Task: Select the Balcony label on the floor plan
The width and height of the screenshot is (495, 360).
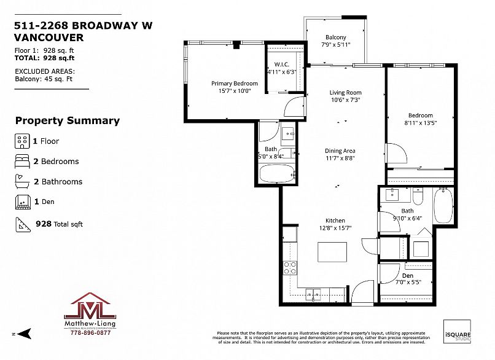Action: click(x=335, y=37)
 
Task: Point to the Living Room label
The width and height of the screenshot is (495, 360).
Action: click(x=345, y=93)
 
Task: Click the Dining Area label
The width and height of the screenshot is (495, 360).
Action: click(x=340, y=151)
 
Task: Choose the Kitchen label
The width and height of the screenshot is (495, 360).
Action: click(x=335, y=221)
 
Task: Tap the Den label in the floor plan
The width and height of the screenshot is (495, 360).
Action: click(x=407, y=275)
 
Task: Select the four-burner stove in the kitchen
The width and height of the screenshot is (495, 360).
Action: click(x=289, y=267)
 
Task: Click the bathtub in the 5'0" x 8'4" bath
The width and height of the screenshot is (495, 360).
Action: click(x=278, y=173)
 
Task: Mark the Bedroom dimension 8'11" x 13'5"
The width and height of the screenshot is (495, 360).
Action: click(x=421, y=123)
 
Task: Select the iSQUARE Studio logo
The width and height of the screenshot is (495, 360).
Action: click(x=457, y=332)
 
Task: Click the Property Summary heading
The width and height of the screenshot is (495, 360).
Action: click(x=67, y=120)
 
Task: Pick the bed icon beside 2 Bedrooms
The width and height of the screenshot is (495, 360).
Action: click(x=21, y=162)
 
